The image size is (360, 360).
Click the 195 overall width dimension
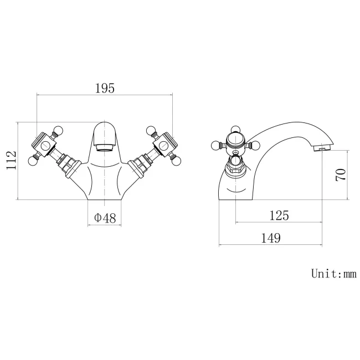(x=104, y=88)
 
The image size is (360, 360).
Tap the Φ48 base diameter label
(x=105, y=218)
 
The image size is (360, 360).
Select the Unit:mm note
(x=333, y=273)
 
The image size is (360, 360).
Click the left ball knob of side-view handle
(x=215, y=146)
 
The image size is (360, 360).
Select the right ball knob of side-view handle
(x=256, y=146)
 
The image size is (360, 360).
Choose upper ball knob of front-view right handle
(x=150, y=131)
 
